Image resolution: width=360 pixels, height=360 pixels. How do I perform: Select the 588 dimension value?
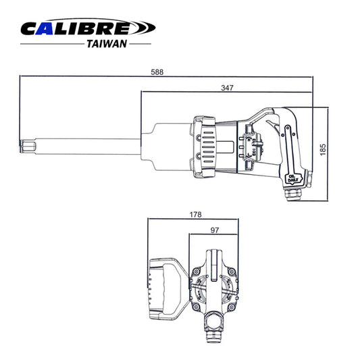[158, 72]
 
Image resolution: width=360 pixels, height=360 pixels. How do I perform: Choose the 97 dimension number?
[215, 230]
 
